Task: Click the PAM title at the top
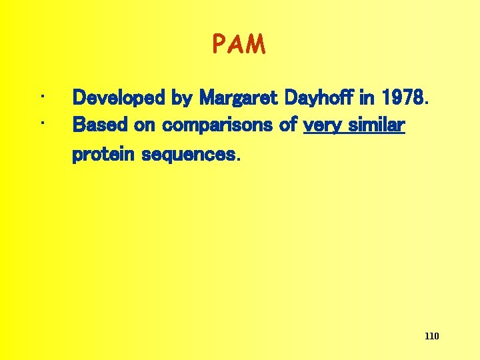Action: click(239, 45)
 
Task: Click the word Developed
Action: click(119, 98)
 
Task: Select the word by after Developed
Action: click(182, 99)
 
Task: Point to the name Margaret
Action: click(239, 99)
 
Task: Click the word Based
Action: click(95, 125)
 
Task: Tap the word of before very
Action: click(289, 125)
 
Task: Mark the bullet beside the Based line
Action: click(42, 123)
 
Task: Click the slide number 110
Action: click(431, 336)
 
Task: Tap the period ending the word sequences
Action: click(236, 159)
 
